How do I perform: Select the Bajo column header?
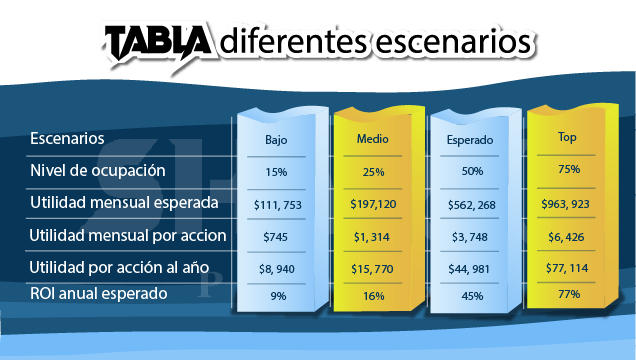[x=276, y=141]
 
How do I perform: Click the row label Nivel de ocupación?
[x=97, y=171]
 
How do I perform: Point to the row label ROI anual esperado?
[x=98, y=294]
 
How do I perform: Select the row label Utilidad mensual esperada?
[x=124, y=203]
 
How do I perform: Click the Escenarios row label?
[x=67, y=138]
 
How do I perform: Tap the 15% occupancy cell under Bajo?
[x=276, y=173]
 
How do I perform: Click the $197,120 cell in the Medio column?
[x=373, y=204]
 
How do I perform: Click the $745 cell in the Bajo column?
[x=276, y=236]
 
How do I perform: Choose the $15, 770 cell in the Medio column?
[x=373, y=268]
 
